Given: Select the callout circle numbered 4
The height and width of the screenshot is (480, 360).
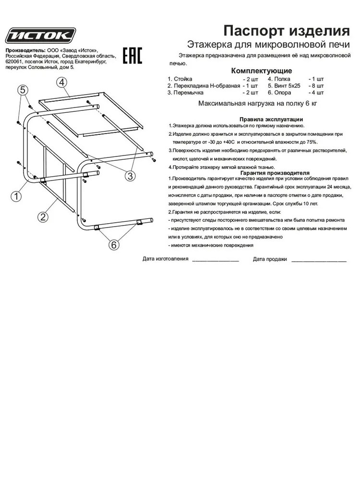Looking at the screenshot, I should click(x=62, y=82).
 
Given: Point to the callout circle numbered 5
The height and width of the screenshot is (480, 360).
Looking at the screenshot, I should click(x=22, y=89).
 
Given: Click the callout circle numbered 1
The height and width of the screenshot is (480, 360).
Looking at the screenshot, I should click(x=16, y=195).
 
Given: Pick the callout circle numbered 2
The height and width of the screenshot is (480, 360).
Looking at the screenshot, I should click(x=43, y=216).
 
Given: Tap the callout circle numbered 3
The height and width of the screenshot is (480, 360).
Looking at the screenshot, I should click(x=129, y=176).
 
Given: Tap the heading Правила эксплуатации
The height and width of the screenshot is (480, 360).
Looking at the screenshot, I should click(x=271, y=120).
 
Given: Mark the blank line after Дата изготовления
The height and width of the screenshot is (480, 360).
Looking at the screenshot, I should click(x=215, y=259).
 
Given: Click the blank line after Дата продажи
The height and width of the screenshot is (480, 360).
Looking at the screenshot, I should click(x=319, y=259).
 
